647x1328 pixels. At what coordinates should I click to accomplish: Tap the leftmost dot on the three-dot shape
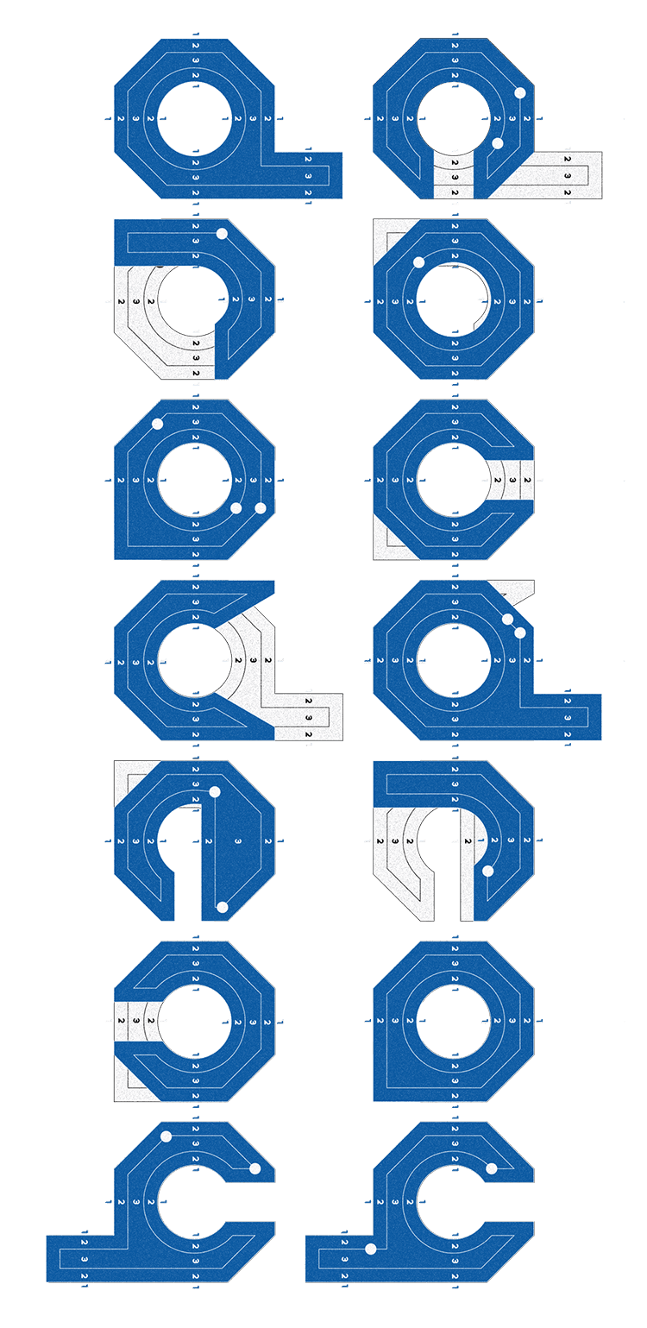(157, 423)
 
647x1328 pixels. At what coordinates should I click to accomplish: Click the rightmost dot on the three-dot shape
(261, 508)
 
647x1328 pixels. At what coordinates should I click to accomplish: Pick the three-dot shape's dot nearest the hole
(236, 508)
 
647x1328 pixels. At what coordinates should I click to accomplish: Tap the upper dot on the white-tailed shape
(519, 92)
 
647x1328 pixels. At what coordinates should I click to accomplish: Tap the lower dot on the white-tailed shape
(497, 143)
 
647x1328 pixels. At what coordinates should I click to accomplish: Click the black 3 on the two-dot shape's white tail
(568, 176)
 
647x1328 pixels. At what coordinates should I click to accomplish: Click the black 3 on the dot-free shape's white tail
(309, 717)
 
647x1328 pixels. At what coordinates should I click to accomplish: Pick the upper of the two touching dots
(507, 619)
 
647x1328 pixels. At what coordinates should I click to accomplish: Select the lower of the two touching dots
(520, 633)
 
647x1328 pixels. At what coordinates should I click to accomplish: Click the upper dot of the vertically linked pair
(215, 791)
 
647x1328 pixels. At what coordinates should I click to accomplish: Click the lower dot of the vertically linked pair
(222, 907)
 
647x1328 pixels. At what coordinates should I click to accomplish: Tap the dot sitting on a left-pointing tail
(371, 1249)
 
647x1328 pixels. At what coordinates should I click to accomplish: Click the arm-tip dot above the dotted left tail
(491, 1168)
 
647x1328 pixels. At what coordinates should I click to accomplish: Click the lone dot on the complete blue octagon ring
(418, 262)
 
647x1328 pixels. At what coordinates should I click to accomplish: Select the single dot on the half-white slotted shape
(487, 871)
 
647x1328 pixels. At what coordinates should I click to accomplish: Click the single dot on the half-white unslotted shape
(222, 234)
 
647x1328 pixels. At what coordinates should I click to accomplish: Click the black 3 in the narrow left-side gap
(135, 1023)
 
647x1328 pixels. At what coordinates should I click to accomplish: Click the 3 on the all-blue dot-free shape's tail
(308, 176)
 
